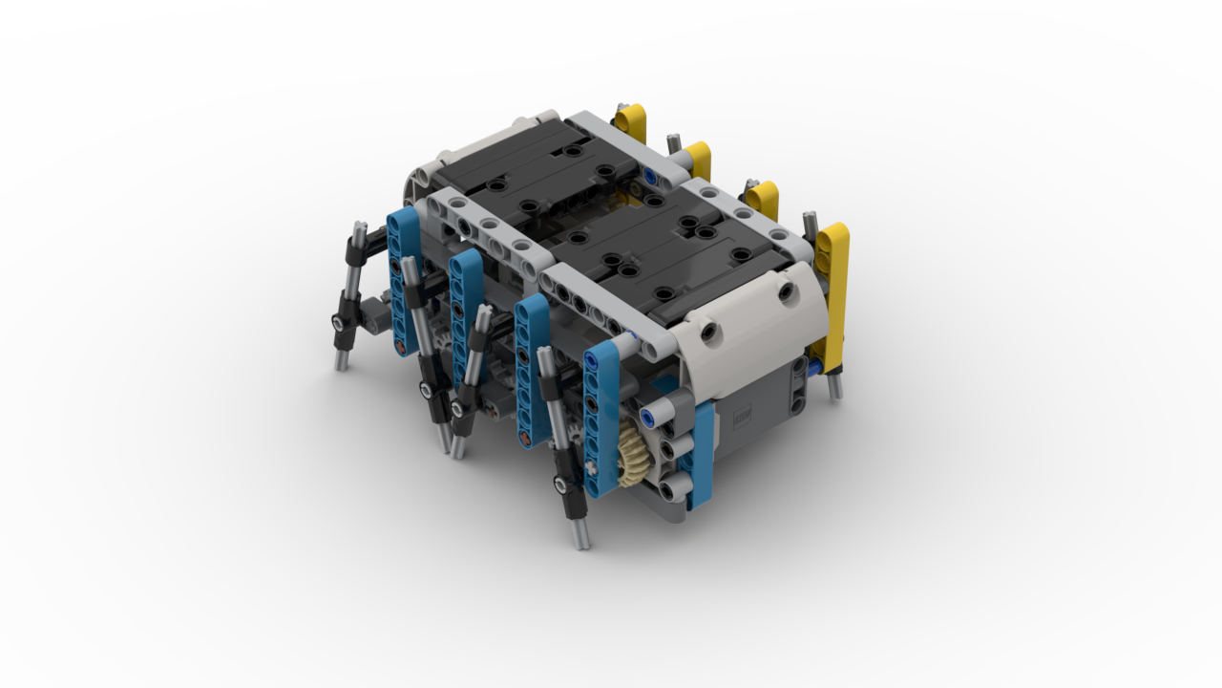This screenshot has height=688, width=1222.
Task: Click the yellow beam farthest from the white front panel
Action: (630, 122)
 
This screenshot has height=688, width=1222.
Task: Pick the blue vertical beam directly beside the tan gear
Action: (601, 420)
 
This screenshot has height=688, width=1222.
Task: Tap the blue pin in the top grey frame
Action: (649, 177)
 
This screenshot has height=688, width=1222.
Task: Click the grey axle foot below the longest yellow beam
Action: (834, 386)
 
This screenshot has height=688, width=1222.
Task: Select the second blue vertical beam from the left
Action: (467, 306)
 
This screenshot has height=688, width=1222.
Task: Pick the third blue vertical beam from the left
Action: (531, 368)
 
